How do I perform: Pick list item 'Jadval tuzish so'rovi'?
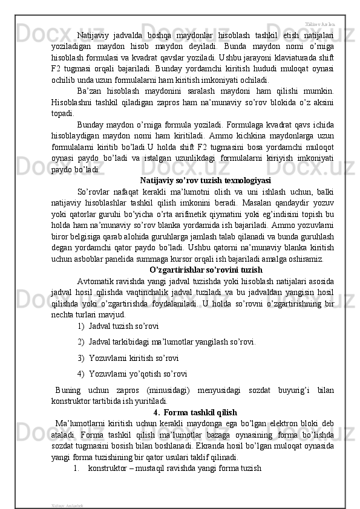click(123, 326)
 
